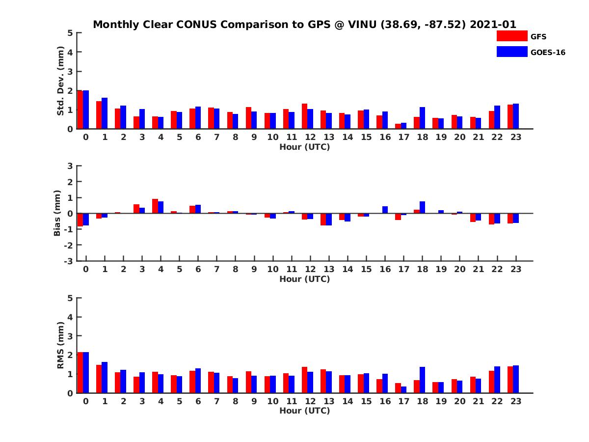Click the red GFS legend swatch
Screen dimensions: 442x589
[x=512, y=36]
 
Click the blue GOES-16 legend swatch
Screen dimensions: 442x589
[x=512, y=52]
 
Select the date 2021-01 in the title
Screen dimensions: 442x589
[x=493, y=24]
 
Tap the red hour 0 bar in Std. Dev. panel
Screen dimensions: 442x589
[x=80, y=110]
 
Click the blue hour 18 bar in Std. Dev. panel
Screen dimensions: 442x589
[x=422, y=118]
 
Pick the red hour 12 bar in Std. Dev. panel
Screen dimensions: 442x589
[x=304, y=116]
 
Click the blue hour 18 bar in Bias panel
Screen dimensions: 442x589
[x=422, y=207]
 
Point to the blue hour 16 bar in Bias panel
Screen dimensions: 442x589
[x=385, y=210]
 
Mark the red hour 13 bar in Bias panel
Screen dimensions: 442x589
[x=323, y=219]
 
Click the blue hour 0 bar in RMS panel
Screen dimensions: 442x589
[x=86, y=372]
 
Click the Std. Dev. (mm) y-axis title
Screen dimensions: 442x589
[x=60, y=81]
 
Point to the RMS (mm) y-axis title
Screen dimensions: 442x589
[x=60, y=345]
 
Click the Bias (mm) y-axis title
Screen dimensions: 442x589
[x=57, y=213]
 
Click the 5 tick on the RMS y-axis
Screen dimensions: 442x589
[x=71, y=298]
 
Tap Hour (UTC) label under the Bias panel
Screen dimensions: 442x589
[x=304, y=279]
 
